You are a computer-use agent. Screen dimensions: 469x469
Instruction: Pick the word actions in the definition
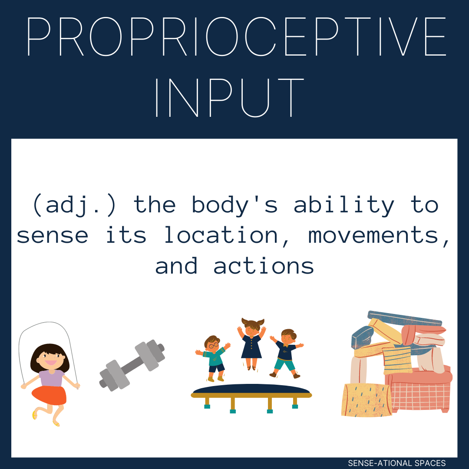click(x=264, y=265)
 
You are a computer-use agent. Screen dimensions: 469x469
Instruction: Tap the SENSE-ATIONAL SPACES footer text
click(x=396, y=463)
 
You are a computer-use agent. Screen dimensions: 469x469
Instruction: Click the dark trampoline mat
click(x=251, y=389)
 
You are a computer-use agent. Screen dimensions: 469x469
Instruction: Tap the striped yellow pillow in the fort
click(x=397, y=359)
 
